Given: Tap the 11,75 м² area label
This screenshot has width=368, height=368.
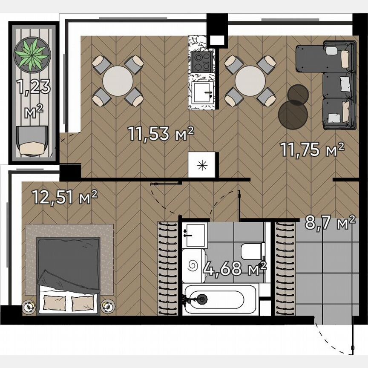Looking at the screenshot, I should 312,149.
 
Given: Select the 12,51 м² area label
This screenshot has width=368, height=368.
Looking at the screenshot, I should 65,197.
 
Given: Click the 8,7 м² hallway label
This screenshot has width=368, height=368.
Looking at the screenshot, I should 330,222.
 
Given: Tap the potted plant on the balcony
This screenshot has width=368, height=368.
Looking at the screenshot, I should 32,54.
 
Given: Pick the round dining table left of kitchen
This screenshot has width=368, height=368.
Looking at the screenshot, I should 117,80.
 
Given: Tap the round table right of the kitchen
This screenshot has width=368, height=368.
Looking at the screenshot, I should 250,80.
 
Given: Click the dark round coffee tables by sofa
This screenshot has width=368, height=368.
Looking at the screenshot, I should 294,106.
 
